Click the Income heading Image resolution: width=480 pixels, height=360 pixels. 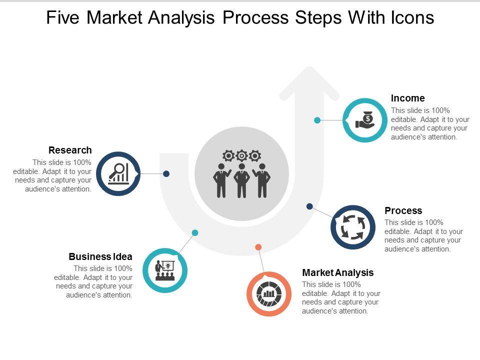tap(407, 98)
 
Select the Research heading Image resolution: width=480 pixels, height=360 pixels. tap(70, 150)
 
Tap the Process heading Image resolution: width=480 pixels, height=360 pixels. tap(403, 210)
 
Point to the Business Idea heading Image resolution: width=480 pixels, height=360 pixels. tap(100, 256)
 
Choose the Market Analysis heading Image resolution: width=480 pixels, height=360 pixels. tap(338, 272)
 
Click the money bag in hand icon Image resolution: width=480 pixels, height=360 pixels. tap(365, 120)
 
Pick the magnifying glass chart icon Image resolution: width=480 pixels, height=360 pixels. tap(118, 173)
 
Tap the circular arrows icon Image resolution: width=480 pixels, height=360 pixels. tap(352, 227)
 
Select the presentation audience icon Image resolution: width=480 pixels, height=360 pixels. tap(165, 270)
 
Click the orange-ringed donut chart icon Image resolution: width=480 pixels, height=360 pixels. tap(269, 293)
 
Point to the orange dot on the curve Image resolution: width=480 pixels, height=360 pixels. tap(258, 247)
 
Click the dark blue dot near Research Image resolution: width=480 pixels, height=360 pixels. tap(166, 173)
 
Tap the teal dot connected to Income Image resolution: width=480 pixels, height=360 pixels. tap(317, 120)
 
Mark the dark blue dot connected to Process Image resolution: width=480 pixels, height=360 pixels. tap(309, 206)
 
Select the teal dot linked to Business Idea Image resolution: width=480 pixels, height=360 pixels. tap(195, 232)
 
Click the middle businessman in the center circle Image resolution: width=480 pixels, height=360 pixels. tap(241, 179)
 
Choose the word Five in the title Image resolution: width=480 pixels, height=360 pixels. tap(63, 18)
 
